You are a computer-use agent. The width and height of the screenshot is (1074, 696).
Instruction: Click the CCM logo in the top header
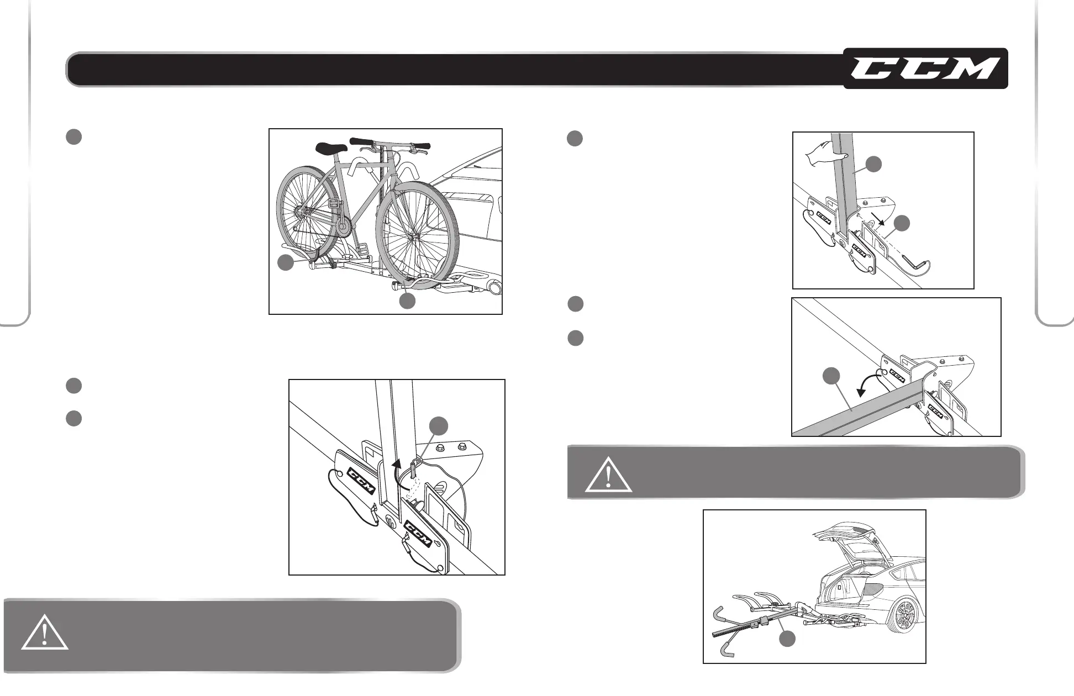pos(925,69)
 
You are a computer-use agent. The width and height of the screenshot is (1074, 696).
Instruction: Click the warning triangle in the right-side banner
pos(608,475)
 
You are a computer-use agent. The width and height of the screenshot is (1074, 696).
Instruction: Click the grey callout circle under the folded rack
pos(787,639)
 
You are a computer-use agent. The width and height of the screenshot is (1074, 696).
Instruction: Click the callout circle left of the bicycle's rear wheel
pos(286,263)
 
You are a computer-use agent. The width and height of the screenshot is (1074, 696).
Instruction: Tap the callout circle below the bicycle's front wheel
pos(408,301)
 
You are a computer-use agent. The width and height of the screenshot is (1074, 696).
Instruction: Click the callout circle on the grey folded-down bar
pos(831,376)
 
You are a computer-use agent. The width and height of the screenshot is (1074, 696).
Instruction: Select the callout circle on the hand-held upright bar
pos(873,164)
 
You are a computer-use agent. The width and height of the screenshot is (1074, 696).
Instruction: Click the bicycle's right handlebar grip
pos(420,146)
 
